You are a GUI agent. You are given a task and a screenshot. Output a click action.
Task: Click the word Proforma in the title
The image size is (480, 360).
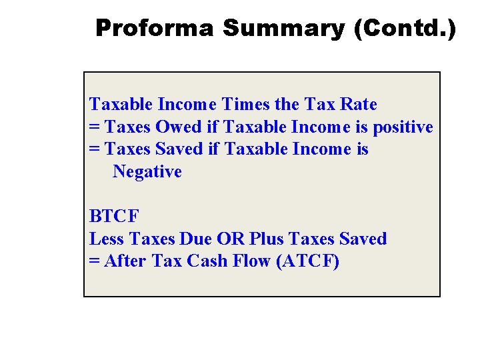point(155,29)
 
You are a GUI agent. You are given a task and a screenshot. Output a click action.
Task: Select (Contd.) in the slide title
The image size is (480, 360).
point(407,29)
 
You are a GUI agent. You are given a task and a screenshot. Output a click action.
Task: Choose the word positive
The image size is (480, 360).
point(403,127)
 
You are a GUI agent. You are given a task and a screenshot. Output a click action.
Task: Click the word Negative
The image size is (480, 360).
point(147,172)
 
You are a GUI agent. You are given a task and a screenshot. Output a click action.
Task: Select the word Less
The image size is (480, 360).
point(107,239)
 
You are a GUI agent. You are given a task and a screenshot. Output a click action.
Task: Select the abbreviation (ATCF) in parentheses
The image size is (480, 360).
point(307,261)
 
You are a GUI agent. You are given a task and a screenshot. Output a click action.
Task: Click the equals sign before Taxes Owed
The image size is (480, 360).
point(94,127)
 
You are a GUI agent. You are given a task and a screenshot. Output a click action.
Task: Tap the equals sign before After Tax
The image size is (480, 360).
point(94,262)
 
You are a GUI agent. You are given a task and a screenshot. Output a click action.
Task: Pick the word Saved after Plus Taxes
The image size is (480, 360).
point(363,239)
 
